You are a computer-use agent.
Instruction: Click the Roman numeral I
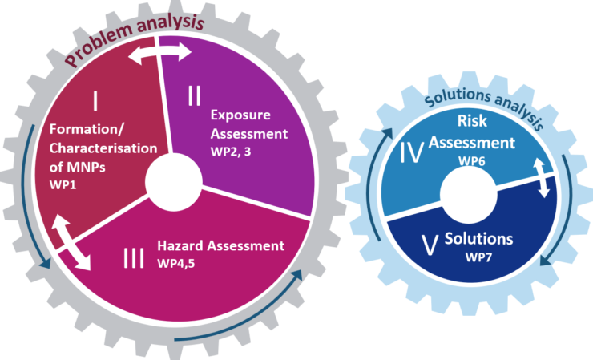tap(95, 101)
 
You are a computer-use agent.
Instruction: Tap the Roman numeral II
tap(195, 95)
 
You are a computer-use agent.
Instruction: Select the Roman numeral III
tap(134, 258)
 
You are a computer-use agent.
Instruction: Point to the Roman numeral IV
tap(411, 153)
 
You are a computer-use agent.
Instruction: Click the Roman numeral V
tap(430, 245)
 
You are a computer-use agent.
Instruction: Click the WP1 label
tap(63, 185)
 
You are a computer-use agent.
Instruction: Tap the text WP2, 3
tap(231, 152)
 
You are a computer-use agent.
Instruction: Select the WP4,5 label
tap(176, 264)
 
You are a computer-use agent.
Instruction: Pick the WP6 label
tap(472, 161)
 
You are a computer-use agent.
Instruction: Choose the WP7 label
tap(478, 257)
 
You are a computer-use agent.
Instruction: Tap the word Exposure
tap(240, 115)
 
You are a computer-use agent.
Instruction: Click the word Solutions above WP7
tap(478, 239)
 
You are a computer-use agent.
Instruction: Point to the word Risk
tap(472, 121)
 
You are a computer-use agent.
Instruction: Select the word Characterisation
tap(103, 148)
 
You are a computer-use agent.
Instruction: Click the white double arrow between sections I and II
tap(159, 53)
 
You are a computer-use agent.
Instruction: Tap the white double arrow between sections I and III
tap(71, 242)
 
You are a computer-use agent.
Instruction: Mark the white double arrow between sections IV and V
tap(541, 177)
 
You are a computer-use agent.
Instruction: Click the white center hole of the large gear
tap(174, 183)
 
